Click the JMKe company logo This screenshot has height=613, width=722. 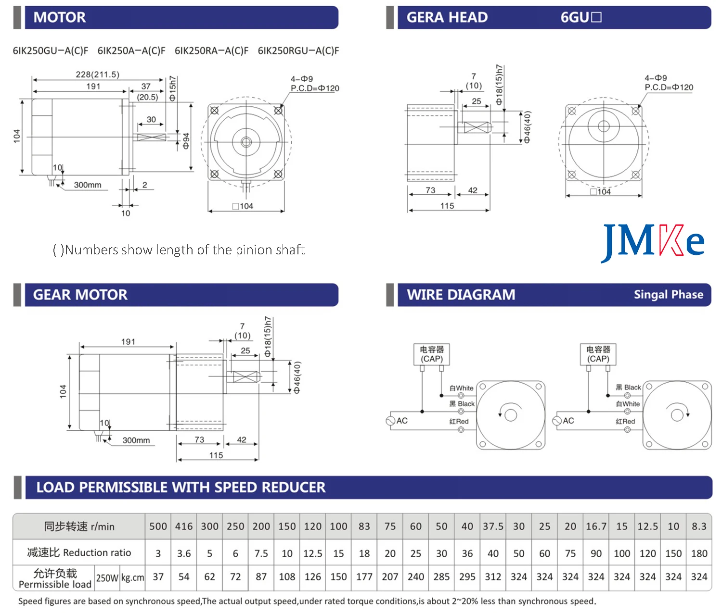coord(653,241)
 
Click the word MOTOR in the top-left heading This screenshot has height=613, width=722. coord(59,18)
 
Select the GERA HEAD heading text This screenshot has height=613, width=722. coord(447,18)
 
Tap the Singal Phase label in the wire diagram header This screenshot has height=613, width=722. coord(668,295)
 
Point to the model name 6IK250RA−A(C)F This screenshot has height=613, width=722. coord(211,50)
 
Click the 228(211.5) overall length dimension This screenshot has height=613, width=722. coord(97,75)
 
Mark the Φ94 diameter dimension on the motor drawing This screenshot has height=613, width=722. coord(186,140)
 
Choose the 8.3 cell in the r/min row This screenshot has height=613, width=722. coord(699,526)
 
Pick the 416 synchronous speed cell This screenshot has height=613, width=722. coord(184,526)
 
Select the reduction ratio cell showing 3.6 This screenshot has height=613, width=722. coord(184,553)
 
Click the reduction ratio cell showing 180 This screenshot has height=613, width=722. coord(699,553)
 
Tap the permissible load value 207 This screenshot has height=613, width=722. coord(390,577)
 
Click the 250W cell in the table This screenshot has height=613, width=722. coord(107,577)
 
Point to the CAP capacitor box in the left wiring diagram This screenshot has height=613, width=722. coord(432,354)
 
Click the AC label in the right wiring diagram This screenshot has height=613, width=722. coord(568,421)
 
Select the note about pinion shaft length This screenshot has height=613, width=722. coord(179,250)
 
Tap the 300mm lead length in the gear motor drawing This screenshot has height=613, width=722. coord(136,440)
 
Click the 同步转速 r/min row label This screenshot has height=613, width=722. coord(79,526)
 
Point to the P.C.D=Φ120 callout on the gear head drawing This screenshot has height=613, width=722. coord(669,88)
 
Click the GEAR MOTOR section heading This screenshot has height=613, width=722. coord(80,295)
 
